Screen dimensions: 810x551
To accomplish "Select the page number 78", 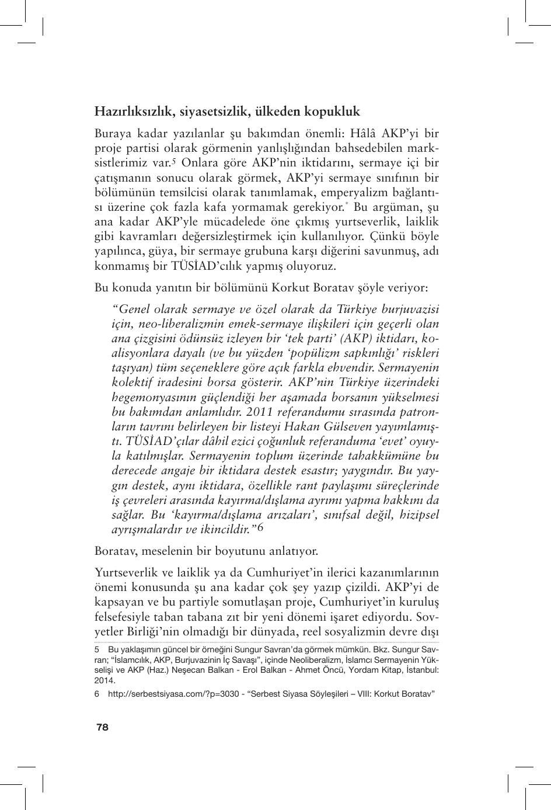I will (x=102, y=727).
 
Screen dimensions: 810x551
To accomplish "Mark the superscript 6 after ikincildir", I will (x=260, y=527).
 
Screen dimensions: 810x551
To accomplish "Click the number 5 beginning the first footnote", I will (x=97, y=650).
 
